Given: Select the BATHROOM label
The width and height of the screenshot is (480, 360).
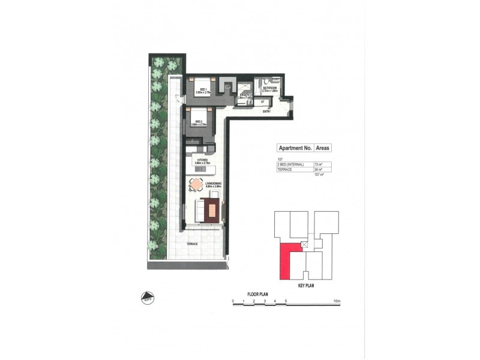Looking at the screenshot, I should tap(269, 88).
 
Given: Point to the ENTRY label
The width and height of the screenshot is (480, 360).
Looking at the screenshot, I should tap(267, 111).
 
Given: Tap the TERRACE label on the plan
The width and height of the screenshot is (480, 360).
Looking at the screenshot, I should tap(192, 244).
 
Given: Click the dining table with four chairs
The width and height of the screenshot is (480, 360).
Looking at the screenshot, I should tap(196, 185).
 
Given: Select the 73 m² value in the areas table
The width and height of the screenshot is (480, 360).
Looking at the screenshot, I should tap(317, 164).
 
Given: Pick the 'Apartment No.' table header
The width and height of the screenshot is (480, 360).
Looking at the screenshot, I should tap(293, 148).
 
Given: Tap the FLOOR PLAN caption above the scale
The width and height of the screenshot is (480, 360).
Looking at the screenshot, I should tap(260, 294).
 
